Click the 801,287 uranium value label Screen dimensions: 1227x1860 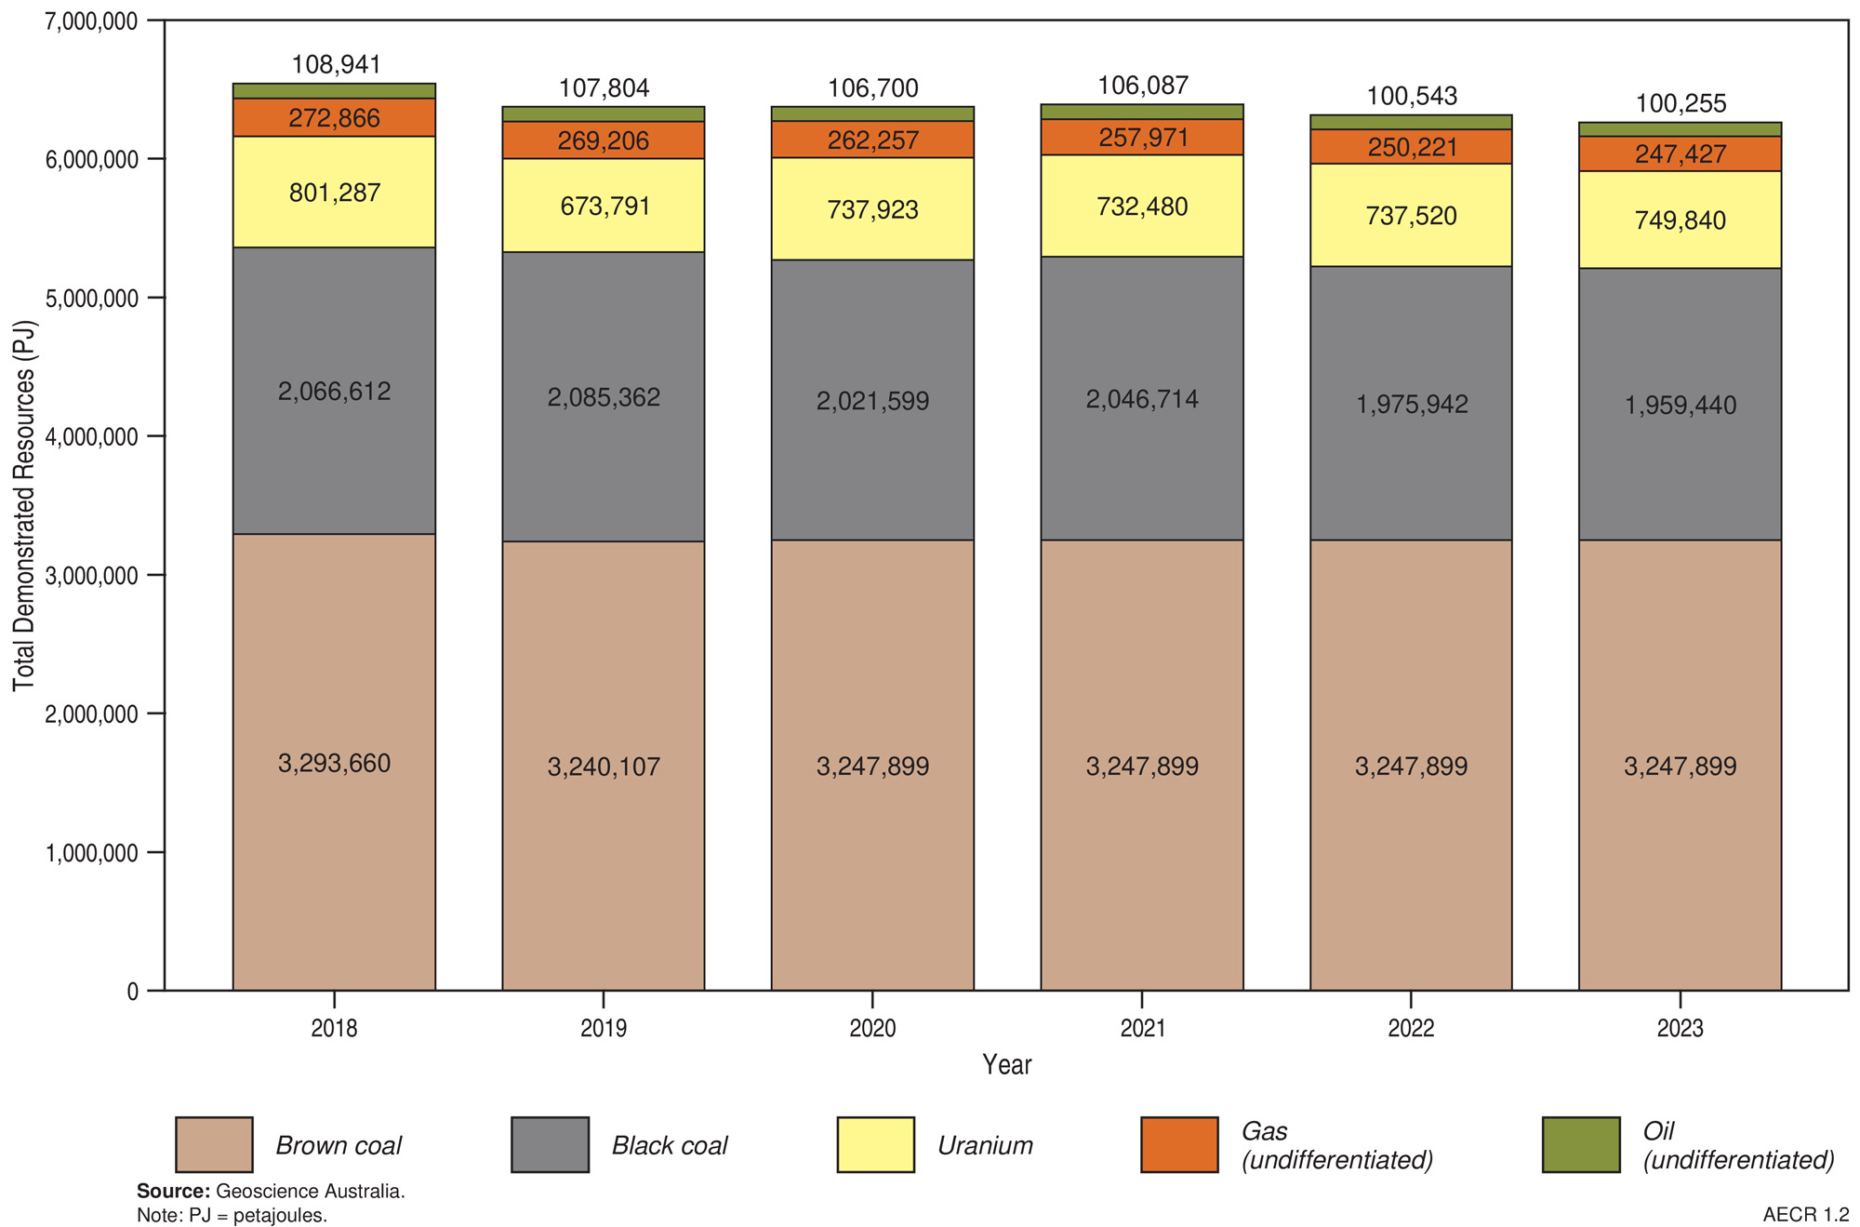tap(334, 193)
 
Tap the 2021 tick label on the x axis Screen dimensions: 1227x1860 tap(1142, 1028)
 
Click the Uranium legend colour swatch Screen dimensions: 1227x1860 tap(875, 1144)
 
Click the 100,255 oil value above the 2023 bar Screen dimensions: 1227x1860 tap(1681, 103)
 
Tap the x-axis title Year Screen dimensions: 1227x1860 tap(1006, 1064)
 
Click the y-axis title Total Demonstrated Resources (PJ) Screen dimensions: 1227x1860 tap(24, 506)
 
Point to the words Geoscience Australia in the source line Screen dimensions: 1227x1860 tap(310, 1192)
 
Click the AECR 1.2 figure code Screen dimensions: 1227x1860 tap(1805, 1215)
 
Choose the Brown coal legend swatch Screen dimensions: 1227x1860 tap(214, 1144)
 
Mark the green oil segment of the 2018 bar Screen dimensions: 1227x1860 tap(334, 90)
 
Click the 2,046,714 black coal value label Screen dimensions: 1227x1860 tap(1142, 399)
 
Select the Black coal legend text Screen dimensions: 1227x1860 tap(669, 1145)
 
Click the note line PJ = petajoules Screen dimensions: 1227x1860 tap(232, 1215)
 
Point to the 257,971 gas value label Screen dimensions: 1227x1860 tap(1142, 138)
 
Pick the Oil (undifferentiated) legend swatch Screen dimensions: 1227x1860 tap(1580, 1144)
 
